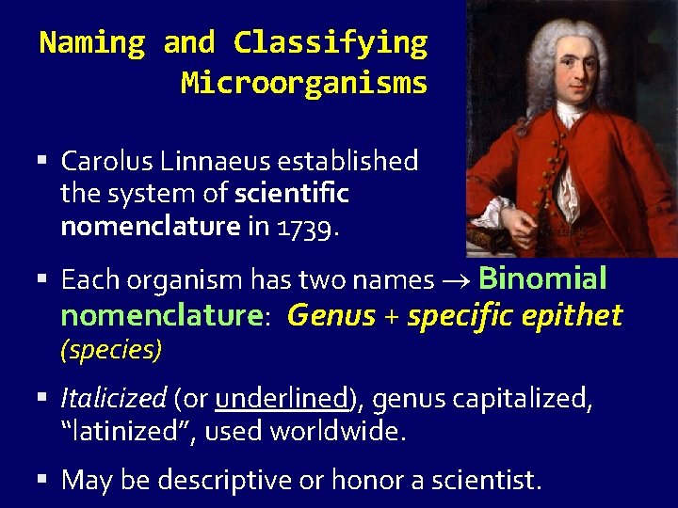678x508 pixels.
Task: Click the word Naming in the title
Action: (x=91, y=43)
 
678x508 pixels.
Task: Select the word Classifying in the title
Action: (x=330, y=43)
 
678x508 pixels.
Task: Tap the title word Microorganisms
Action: (x=303, y=84)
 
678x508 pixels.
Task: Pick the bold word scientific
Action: (x=292, y=194)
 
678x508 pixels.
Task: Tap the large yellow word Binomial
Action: (x=542, y=278)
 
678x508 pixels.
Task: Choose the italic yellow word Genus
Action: (x=331, y=315)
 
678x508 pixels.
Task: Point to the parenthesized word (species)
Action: (x=111, y=350)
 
